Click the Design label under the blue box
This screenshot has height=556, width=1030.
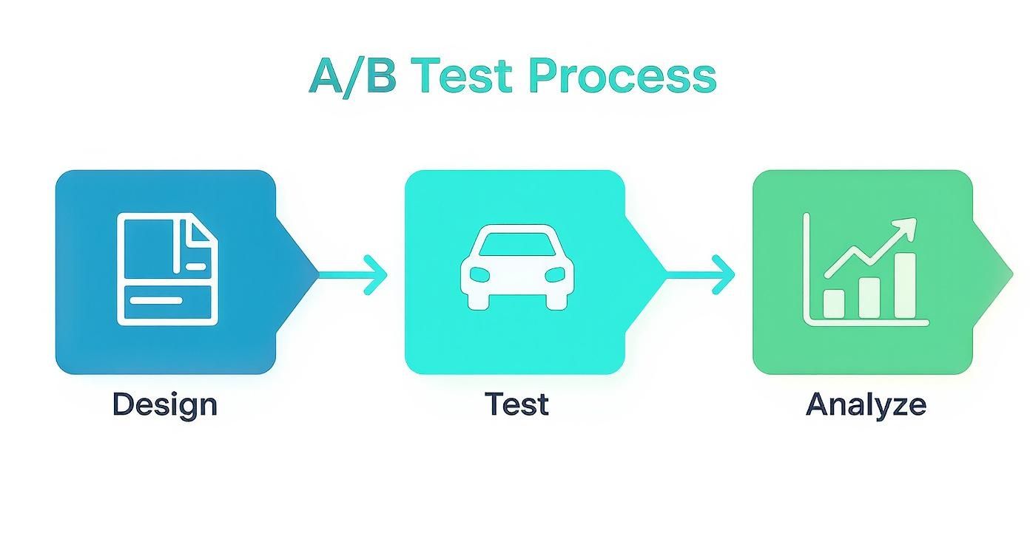tap(165, 404)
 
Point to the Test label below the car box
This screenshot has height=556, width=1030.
tap(516, 404)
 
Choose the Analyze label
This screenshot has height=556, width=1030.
tap(866, 404)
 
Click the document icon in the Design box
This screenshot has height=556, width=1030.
tap(168, 269)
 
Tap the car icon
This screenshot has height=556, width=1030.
tap(517, 266)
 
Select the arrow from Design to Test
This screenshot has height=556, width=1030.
tap(355, 274)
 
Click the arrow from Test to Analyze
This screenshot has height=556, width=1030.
tap(703, 274)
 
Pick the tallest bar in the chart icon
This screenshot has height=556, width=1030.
tap(904, 285)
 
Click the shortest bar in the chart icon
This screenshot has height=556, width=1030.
tap(834, 303)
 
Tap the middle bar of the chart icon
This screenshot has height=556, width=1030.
tap(869, 297)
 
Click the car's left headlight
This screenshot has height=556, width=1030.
tap(479, 274)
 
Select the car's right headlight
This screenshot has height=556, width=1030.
tap(555, 274)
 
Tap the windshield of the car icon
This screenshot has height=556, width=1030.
tap(517, 245)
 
